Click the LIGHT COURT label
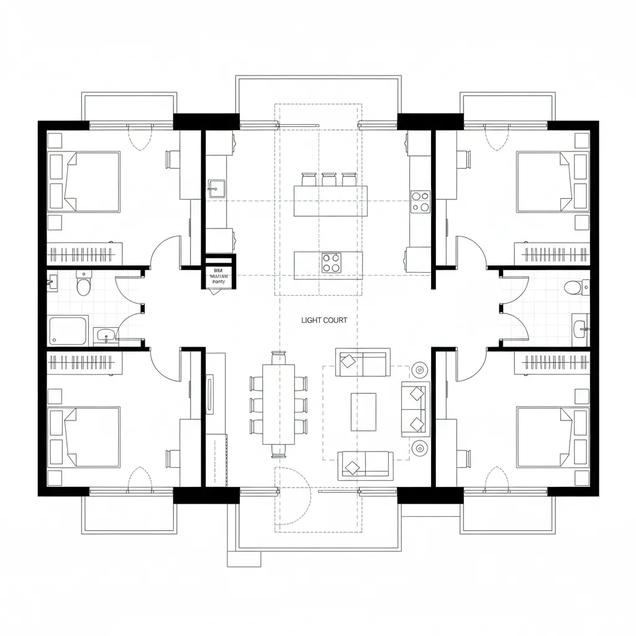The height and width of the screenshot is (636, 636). tap(324, 320)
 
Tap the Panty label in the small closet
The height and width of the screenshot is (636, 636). tap(219, 281)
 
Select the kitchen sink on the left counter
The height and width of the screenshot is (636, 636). tap(217, 188)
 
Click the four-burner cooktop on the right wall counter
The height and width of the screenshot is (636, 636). tap(420, 201)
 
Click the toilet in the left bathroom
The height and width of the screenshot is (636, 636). tap(82, 285)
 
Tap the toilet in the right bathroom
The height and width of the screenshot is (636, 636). tap(574, 288)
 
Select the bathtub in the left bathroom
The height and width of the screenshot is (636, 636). tap(68, 330)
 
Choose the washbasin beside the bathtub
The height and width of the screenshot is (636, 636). tap(106, 336)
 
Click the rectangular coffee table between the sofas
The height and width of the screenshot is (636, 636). tap(363, 411)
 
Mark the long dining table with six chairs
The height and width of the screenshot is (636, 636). tap(278, 404)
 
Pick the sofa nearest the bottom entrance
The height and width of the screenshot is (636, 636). tap(365, 465)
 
